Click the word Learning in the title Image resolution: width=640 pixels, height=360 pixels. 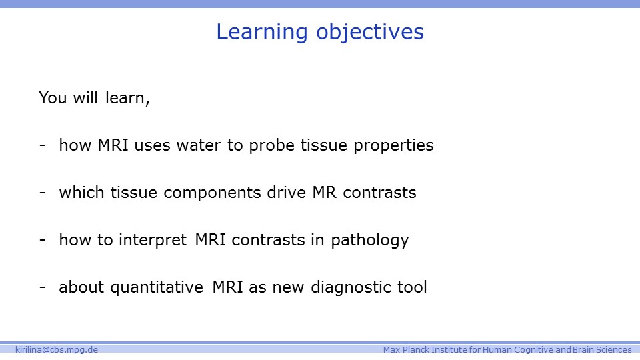point(261,33)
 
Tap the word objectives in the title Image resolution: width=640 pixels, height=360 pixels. point(370,33)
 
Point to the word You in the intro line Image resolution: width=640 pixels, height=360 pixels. point(53,98)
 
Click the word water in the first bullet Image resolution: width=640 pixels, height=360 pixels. point(199,145)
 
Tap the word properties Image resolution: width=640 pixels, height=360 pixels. point(393,146)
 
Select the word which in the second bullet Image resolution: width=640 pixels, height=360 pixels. point(81,193)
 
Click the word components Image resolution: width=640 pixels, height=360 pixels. point(212,193)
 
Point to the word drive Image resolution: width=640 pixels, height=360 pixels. point(287,193)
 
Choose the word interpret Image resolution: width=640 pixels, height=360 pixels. point(153,241)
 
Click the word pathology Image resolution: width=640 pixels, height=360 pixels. point(370,241)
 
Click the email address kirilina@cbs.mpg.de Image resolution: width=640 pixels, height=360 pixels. point(57,350)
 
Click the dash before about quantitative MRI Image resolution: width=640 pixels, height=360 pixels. point(43,287)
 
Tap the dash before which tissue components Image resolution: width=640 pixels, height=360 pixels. point(43,193)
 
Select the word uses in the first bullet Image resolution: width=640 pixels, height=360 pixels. point(152,146)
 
